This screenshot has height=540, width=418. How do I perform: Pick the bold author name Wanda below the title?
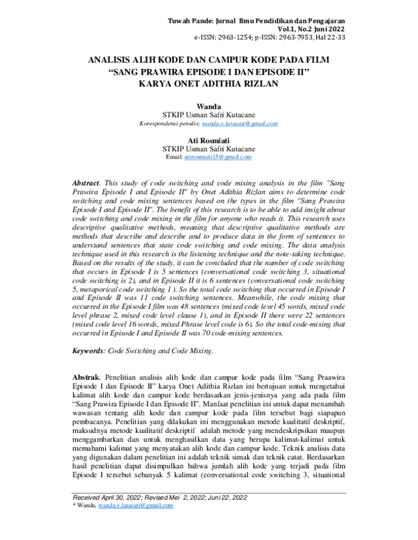click(x=209, y=105)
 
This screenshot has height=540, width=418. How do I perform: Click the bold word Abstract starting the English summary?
click(x=86, y=182)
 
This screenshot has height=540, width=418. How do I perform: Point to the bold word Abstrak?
click(x=87, y=376)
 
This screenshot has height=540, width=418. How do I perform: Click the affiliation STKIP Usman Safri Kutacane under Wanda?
click(x=209, y=114)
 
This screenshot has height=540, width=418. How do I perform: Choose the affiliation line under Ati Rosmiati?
click(x=209, y=148)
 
